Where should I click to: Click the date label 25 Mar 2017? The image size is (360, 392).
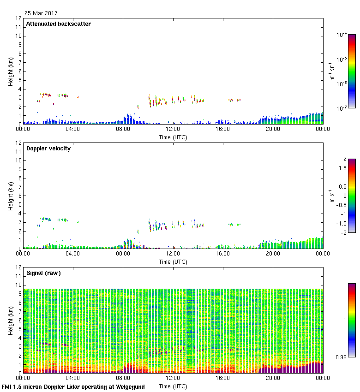point(42,13)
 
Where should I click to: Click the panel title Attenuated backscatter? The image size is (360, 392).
point(59,24)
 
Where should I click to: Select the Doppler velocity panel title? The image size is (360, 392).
point(48,148)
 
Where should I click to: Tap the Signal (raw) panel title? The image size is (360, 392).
point(43,273)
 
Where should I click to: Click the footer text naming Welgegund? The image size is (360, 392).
point(73,387)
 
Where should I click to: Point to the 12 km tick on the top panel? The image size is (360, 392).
point(19,18)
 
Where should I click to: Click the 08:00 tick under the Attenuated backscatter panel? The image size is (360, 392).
point(123,129)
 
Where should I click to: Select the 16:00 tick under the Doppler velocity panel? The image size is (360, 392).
point(223,254)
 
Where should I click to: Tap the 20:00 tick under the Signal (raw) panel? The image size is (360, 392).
point(273,378)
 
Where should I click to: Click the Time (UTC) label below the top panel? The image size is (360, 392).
point(173,137)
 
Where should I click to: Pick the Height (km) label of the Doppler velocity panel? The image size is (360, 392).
point(11,196)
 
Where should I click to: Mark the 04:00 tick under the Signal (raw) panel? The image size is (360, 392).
point(73,378)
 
